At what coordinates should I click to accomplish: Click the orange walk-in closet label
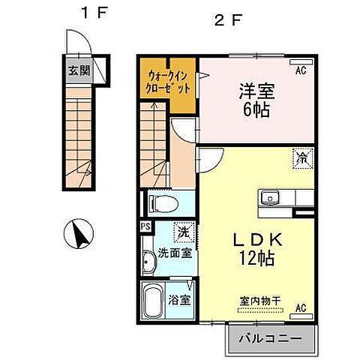[169, 80]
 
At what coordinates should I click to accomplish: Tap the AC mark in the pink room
[301, 70]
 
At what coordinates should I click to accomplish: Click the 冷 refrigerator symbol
[302, 159]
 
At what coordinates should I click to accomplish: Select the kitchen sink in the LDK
[270, 199]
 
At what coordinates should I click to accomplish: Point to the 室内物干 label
[259, 301]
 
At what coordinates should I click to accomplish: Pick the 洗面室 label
[175, 253]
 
